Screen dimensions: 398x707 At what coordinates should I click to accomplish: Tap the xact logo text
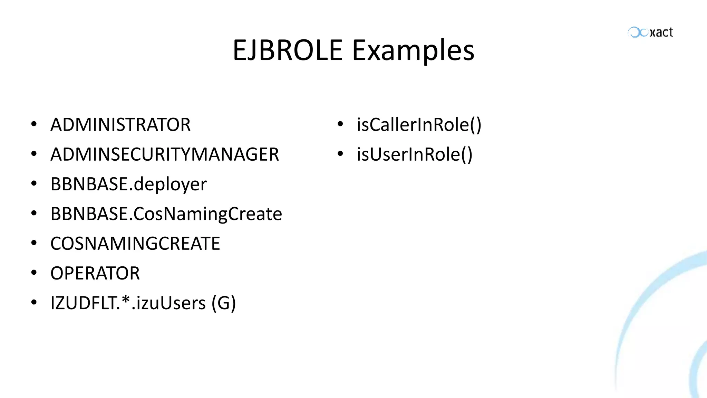coord(661,32)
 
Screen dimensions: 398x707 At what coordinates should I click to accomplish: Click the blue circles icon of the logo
coord(638,32)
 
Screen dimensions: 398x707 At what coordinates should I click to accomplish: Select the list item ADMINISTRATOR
coord(120,125)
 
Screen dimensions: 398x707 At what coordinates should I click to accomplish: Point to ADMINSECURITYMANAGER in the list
coord(165,154)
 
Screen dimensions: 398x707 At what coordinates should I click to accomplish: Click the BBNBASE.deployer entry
coord(128,184)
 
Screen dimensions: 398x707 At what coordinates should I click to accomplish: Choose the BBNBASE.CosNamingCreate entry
coord(166,214)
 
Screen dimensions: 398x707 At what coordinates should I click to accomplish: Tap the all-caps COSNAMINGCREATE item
coord(135,244)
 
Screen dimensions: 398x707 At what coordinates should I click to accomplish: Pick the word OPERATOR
coord(95,273)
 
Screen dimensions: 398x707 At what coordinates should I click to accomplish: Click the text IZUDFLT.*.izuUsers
coord(128,303)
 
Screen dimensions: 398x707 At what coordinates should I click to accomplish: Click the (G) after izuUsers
coord(224,303)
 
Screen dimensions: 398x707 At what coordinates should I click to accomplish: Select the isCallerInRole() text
coord(419,125)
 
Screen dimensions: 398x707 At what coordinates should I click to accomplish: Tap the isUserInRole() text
coord(414,154)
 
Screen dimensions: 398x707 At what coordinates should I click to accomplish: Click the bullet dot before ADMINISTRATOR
coord(34,124)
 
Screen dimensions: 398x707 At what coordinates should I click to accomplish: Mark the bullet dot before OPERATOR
coord(34,273)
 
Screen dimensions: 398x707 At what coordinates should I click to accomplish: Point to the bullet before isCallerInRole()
coord(340,124)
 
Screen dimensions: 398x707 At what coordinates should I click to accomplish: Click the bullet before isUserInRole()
coord(340,154)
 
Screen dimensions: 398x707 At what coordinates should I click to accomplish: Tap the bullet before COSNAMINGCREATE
coord(34,243)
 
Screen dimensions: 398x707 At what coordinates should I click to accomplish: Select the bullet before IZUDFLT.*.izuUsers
coord(34,302)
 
